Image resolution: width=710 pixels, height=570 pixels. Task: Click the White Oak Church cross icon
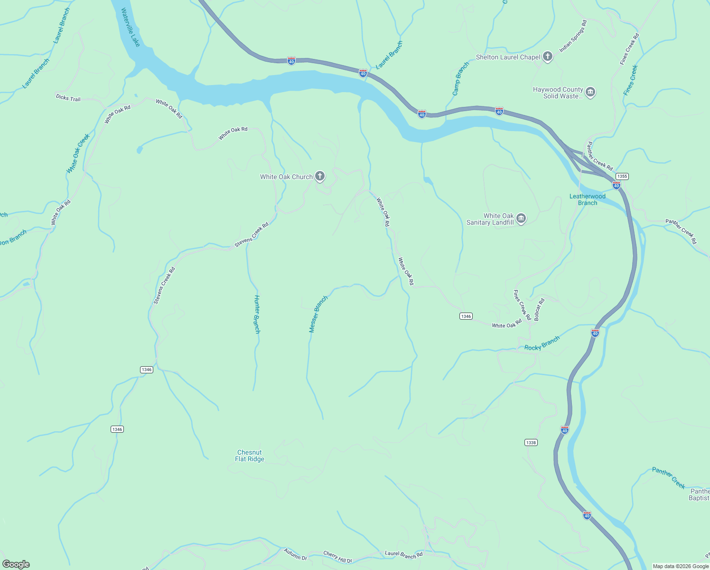click(x=320, y=177)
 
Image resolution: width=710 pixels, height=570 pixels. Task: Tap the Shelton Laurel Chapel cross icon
click(x=547, y=57)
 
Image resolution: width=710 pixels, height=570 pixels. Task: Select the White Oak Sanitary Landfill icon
click(x=521, y=219)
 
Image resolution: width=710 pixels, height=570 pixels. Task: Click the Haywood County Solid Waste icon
click(x=590, y=92)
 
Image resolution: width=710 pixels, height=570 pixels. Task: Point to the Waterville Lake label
click(x=131, y=27)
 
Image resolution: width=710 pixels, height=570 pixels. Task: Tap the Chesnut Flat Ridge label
click(x=250, y=456)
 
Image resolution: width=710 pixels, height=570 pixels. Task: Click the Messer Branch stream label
click(x=318, y=314)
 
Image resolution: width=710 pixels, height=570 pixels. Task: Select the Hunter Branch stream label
click(x=257, y=314)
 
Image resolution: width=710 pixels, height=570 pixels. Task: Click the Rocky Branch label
click(x=542, y=343)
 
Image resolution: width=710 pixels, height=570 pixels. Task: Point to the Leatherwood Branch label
click(x=588, y=199)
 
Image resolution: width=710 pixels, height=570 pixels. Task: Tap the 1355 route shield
click(x=622, y=176)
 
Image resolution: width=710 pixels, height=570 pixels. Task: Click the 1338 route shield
click(x=531, y=443)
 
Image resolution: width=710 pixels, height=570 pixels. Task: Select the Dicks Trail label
click(x=68, y=98)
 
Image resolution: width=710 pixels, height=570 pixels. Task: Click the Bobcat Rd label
click(x=539, y=310)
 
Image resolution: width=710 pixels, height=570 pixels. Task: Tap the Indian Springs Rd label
click(x=573, y=36)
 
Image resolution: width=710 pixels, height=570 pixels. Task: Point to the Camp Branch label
click(x=460, y=79)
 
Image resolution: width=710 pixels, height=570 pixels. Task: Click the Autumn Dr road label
click(x=296, y=554)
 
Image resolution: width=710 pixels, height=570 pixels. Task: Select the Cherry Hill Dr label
click(x=337, y=557)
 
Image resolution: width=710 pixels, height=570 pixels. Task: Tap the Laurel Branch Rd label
click(x=403, y=554)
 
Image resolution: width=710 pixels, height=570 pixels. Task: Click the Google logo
click(x=16, y=564)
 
